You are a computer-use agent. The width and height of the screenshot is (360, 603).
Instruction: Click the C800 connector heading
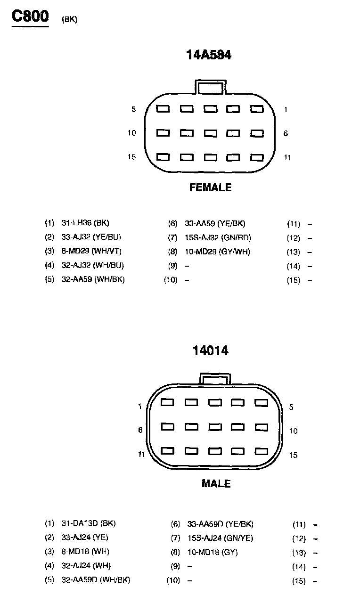[30, 16]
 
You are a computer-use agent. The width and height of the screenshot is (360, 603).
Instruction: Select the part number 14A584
[209, 55]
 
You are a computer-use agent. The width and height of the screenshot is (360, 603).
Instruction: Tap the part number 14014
[210, 350]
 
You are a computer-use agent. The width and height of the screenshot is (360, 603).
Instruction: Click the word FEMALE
[210, 187]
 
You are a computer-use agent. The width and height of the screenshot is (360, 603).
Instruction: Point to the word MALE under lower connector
[216, 483]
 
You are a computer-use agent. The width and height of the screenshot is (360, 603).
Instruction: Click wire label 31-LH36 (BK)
[85, 223]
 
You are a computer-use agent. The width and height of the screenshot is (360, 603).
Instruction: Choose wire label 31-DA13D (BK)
[89, 523]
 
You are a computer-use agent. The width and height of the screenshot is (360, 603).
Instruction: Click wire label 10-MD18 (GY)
[213, 552]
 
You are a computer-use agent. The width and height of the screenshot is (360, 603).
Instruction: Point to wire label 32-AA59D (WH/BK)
[96, 580]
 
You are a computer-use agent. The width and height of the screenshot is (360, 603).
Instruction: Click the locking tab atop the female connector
[210, 87]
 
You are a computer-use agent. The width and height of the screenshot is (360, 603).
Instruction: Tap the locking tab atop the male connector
[215, 379]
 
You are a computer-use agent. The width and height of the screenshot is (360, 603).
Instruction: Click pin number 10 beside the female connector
[131, 133]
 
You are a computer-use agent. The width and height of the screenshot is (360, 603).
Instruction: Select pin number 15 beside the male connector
[294, 455]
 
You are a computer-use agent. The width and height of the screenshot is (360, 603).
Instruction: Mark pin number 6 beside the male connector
[140, 430]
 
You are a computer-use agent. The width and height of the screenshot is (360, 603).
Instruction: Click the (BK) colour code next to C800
[69, 19]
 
